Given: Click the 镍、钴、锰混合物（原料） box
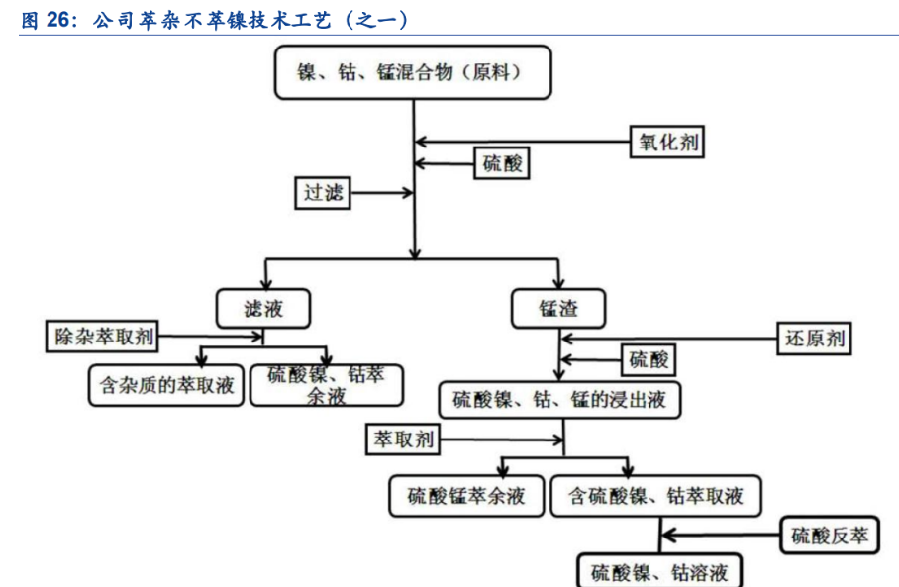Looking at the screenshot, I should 411,72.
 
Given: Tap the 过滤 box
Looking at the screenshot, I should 324,192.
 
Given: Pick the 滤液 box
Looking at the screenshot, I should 263,308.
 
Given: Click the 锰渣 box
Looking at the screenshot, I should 558,309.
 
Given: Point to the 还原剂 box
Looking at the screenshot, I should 815,339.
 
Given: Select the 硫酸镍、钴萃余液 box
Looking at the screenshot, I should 327,385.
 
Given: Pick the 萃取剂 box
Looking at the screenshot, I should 400,440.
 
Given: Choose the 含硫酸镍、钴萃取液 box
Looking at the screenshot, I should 655,496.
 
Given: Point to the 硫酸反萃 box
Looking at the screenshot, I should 830,536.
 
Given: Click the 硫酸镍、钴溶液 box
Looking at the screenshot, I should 658,572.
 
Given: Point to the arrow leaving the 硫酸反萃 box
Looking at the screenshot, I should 723,536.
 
